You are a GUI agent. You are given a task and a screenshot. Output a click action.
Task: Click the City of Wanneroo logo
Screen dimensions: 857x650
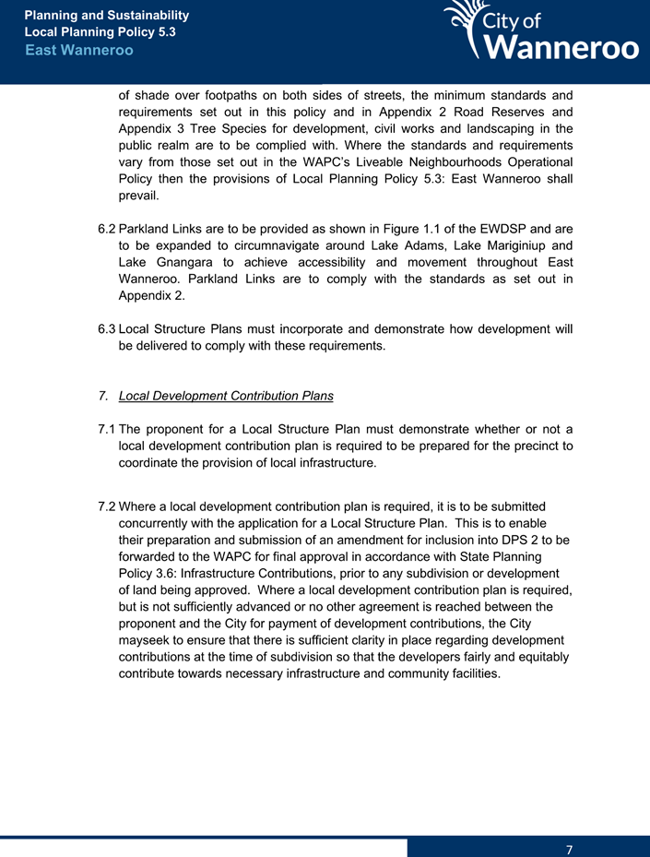point(541,32)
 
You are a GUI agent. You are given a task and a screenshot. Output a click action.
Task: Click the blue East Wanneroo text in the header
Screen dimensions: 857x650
point(79,50)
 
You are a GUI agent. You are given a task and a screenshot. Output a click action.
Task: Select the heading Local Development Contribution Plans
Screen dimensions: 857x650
point(226,396)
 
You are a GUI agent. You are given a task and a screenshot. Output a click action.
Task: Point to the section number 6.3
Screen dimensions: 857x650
point(107,329)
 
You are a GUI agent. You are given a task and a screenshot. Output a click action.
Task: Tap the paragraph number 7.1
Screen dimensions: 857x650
point(107,430)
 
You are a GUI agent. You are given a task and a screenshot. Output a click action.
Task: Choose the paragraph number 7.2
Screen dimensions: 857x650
point(107,507)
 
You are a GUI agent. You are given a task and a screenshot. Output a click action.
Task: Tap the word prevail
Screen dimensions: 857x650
point(139,196)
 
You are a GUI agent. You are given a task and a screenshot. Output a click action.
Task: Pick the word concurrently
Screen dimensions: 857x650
point(159,524)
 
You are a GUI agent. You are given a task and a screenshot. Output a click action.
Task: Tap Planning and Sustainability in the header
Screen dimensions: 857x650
point(107,16)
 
